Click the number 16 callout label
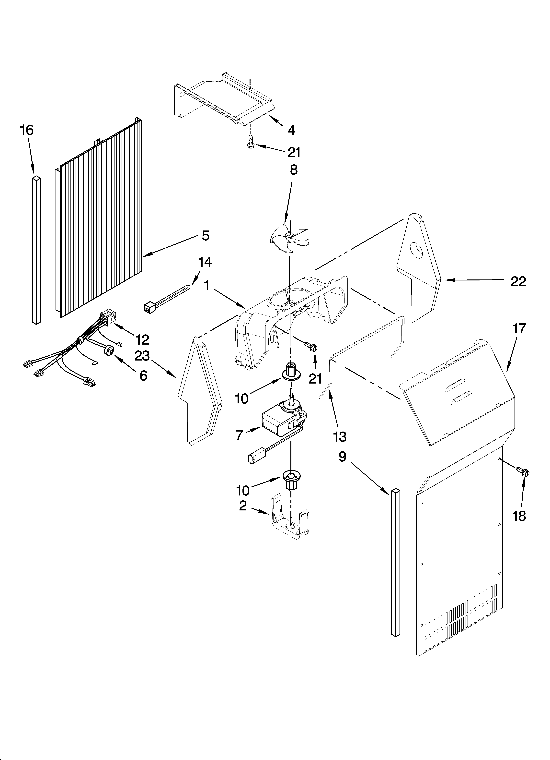pos(27,130)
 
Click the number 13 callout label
pos(339,437)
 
